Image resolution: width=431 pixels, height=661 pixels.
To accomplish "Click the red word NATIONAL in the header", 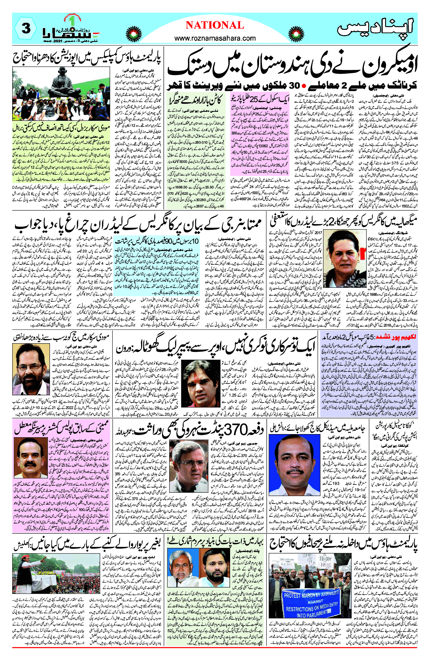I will [215, 25].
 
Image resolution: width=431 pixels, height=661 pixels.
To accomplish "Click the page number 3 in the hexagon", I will [26, 28].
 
